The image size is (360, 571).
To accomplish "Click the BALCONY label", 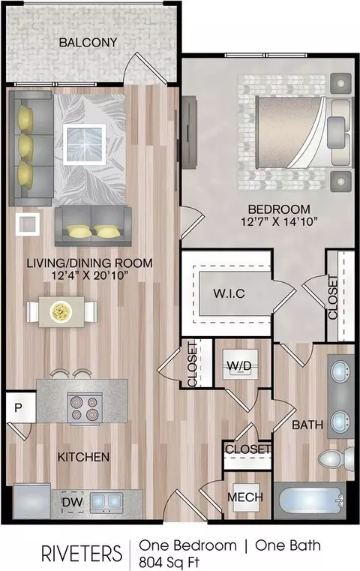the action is [88, 42].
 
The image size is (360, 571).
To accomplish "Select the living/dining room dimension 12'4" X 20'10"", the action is [90, 275].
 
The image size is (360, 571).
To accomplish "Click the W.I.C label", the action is [229, 293].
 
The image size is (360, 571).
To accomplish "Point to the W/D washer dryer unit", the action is [239, 365].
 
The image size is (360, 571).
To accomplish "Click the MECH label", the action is [245, 497].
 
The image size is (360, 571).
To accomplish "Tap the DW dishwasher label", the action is [73, 502].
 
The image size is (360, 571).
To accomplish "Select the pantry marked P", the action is [19, 407].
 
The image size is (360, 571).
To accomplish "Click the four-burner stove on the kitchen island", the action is [85, 408].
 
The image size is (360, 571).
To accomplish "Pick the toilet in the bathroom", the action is [336, 458].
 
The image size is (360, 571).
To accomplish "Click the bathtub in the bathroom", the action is [310, 500].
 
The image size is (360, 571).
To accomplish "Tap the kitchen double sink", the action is [106, 501].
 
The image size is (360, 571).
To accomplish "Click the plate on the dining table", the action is [61, 311].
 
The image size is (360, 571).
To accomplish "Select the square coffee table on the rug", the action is [85, 145].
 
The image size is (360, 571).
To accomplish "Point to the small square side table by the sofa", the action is [28, 224].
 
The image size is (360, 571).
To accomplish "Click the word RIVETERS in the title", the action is [82, 554].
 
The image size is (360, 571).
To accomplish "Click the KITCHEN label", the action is [83, 457].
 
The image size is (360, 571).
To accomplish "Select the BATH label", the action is [307, 425].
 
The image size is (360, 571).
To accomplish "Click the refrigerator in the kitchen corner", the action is [32, 500].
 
